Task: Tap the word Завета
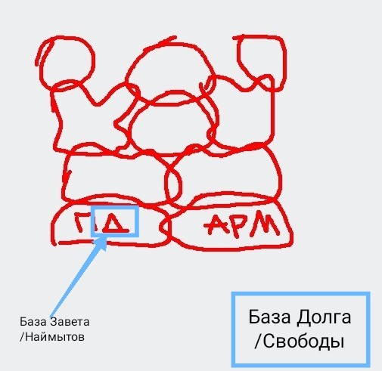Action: click(70, 322)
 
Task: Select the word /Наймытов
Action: click(52, 337)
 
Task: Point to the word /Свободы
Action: click(300, 342)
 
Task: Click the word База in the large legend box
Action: click(269, 317)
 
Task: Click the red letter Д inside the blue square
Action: click(116, 224)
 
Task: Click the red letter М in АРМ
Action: click(266, 224)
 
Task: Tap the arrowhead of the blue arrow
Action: click(101, 244)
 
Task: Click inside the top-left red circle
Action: click(67, 62)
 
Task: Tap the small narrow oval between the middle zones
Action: click(173, 184)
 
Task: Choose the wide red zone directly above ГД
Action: click(113, 174)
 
